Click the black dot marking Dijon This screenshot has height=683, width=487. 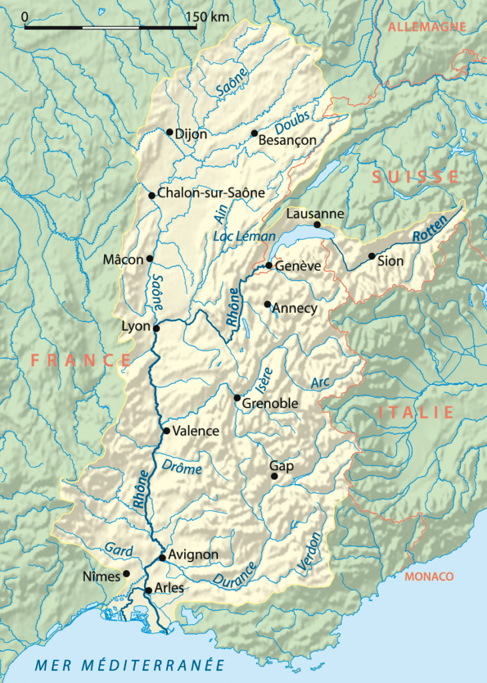169,132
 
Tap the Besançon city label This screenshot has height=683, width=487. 286,141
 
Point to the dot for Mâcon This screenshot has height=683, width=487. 149,259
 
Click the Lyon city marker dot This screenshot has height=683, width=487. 156,328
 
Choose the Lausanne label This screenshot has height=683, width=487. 315,214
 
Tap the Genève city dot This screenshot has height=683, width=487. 269,265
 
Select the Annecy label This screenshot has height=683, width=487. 295,309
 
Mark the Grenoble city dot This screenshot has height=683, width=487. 237,398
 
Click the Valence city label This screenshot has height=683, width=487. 195,432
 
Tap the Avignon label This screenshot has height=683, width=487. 194,555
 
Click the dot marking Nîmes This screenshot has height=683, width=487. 125,574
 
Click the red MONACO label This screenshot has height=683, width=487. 428,576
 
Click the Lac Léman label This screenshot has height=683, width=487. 243,237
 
